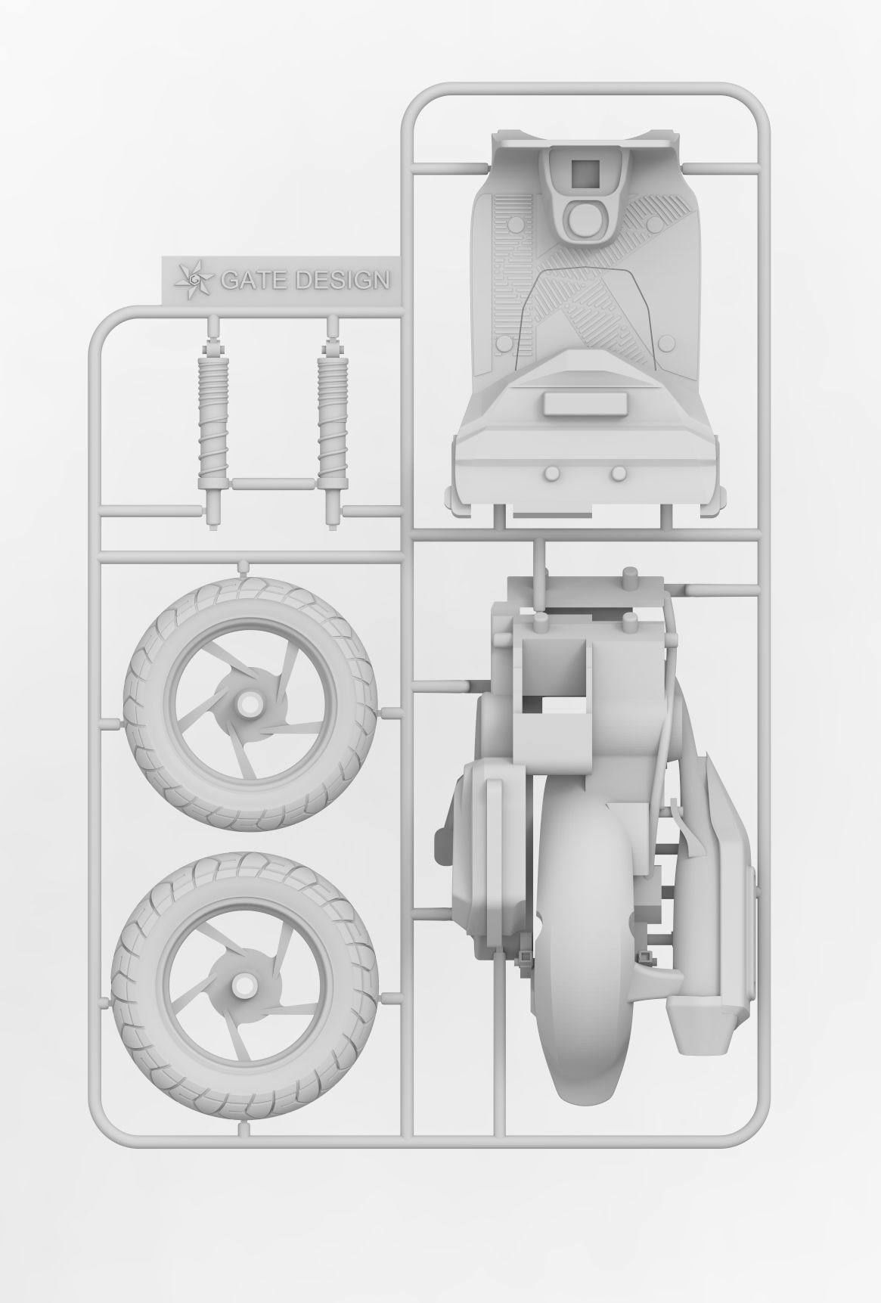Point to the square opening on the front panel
pos(584,173)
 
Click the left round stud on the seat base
pos(551,474)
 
